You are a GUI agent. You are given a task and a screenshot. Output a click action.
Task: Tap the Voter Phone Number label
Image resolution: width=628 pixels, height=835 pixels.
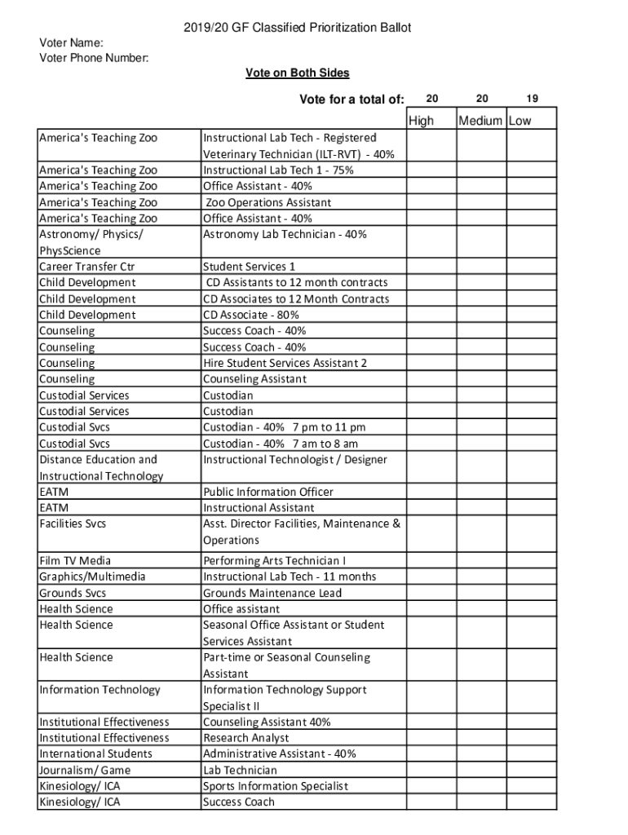94,57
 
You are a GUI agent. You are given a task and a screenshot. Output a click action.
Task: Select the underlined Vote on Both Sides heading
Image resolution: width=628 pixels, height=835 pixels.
297,73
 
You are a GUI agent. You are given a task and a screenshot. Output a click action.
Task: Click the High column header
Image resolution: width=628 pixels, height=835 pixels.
421,121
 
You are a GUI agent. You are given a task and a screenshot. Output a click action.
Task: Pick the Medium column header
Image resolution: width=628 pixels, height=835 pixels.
481,121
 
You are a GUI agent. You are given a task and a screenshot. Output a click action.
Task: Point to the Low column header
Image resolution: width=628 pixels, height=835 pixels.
521,121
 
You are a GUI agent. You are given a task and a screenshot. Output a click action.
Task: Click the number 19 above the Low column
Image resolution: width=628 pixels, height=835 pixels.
532,99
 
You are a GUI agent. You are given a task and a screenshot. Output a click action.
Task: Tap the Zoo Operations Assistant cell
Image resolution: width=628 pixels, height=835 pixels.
268,202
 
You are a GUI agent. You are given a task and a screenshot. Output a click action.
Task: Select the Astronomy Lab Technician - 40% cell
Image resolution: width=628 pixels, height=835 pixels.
285,234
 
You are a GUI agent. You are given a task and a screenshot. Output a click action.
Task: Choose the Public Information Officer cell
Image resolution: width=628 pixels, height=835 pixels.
268,492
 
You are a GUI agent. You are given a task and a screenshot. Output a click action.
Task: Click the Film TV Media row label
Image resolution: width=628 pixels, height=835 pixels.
75,560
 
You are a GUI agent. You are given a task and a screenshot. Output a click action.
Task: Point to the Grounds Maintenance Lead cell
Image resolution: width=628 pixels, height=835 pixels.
272,593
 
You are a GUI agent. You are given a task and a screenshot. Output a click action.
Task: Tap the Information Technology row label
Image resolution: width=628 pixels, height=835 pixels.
100,690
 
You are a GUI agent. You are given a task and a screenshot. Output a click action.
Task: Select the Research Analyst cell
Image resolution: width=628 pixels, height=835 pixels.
245,738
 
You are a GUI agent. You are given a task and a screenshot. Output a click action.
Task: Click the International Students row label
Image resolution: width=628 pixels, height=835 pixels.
95,753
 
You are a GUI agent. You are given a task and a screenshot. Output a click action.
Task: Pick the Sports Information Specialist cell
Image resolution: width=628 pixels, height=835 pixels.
275,786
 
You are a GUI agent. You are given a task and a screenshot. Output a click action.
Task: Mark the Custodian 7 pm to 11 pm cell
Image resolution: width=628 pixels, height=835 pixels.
284,427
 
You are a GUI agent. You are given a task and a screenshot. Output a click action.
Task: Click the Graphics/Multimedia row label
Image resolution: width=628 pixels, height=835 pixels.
93,577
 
